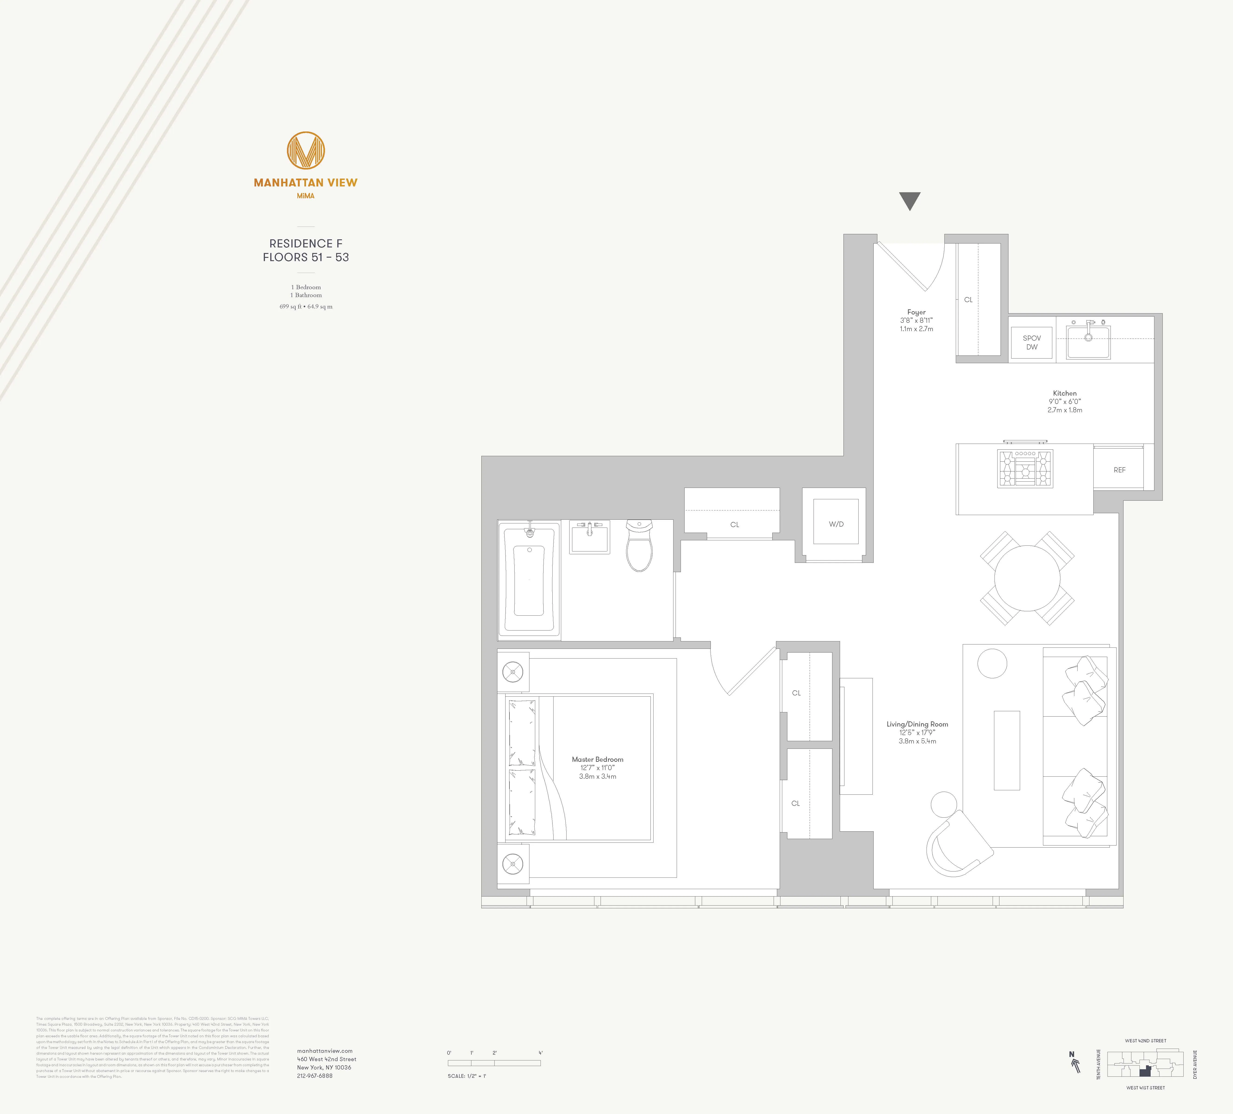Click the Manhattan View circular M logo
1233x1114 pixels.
point(306,150)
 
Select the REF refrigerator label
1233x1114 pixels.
point(1119,470)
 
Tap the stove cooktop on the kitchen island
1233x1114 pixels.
point(1025,468)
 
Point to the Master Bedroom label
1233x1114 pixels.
point(598,759)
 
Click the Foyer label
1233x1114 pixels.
point(916,312)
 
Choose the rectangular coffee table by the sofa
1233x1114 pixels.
point(1007,750)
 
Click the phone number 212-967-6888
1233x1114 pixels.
point(315,1076)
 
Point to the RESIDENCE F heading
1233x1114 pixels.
point(306,243)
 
